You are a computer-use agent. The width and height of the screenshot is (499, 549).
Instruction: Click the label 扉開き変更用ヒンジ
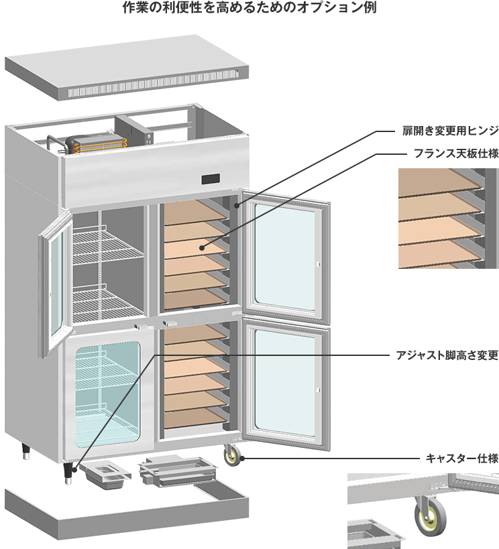coord(447,129)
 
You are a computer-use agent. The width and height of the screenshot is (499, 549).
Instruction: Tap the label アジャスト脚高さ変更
coord(447,354)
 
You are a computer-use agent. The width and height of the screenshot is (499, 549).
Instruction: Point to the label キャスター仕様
coord(462,459)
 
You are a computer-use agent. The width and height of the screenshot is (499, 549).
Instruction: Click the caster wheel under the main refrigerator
coord(233,456)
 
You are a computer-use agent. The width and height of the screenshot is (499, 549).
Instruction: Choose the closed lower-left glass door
coord(107,395)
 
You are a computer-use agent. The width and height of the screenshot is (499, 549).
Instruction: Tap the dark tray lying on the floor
coord(107,474)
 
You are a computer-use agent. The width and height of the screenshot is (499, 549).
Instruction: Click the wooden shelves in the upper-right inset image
coord(439,218)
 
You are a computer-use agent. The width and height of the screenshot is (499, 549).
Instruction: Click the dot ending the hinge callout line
coord(236,201)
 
